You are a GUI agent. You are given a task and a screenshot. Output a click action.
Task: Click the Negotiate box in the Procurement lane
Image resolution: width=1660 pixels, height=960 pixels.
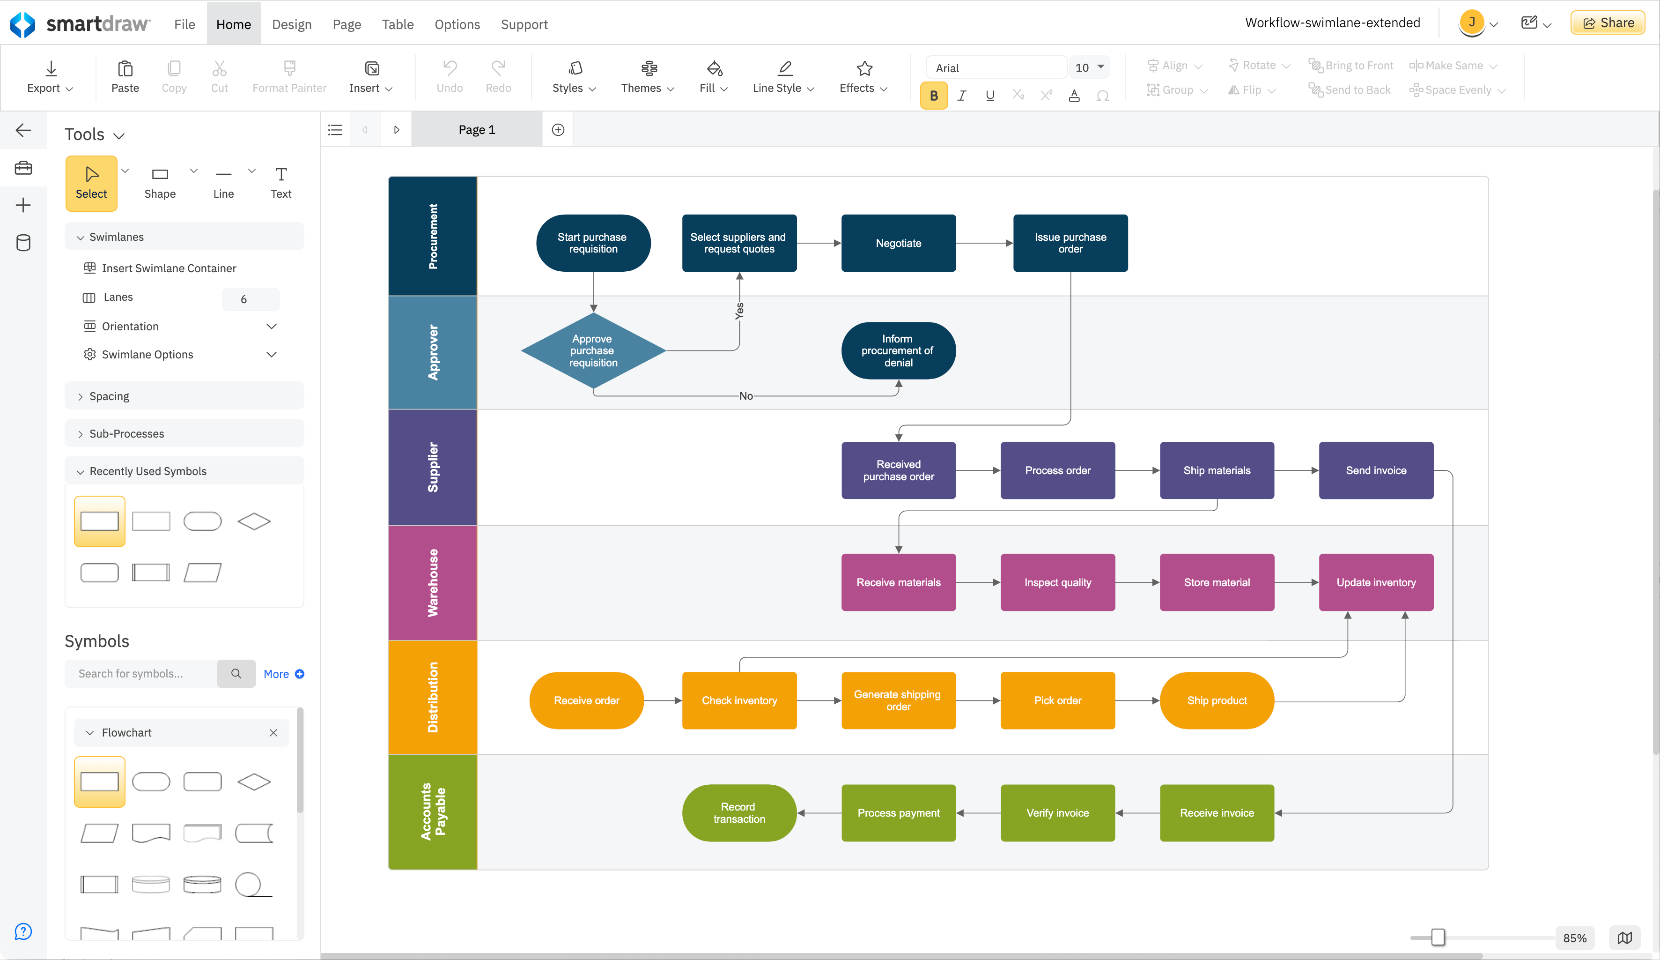(x=898, y=243)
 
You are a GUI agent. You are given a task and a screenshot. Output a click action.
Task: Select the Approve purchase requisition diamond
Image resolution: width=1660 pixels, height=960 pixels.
(x=593, y=350)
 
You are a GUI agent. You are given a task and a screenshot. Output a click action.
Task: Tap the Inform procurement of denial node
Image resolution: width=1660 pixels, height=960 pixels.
(x=898, y=350)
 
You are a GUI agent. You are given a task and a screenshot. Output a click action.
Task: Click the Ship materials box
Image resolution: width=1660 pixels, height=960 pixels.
(x=1216, y=470)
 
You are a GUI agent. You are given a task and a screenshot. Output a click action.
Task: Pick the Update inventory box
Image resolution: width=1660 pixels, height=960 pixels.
(x=1375, y=582)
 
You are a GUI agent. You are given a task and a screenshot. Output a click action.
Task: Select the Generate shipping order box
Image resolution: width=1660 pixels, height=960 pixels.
(x=898, y=700)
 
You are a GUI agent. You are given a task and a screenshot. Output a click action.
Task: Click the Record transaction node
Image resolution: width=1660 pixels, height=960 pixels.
(x=738, y=813)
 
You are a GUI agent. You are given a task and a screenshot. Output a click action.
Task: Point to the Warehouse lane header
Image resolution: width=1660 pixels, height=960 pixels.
(x=432, y=582)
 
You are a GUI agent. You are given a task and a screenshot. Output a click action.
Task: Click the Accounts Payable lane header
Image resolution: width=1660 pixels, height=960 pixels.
(x=432, y=812)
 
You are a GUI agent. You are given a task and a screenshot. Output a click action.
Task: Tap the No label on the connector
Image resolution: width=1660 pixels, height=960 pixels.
(x=745, y=396)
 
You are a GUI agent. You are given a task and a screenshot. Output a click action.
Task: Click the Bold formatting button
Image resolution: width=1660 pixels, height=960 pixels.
(x=933, y=96)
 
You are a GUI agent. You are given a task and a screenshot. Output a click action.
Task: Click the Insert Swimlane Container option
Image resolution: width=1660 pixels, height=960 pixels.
(x=169, y=268)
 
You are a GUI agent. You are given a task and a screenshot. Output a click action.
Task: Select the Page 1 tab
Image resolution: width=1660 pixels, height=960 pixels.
(x=476, y=130)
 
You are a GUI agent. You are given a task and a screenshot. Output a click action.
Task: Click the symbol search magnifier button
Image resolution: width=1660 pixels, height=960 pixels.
(x=236, y=673)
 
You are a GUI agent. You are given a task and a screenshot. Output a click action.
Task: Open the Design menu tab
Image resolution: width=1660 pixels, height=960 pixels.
(x=291, y=24)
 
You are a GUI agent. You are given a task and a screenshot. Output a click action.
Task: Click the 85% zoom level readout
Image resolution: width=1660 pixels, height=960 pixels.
(x=1574, y=938)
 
